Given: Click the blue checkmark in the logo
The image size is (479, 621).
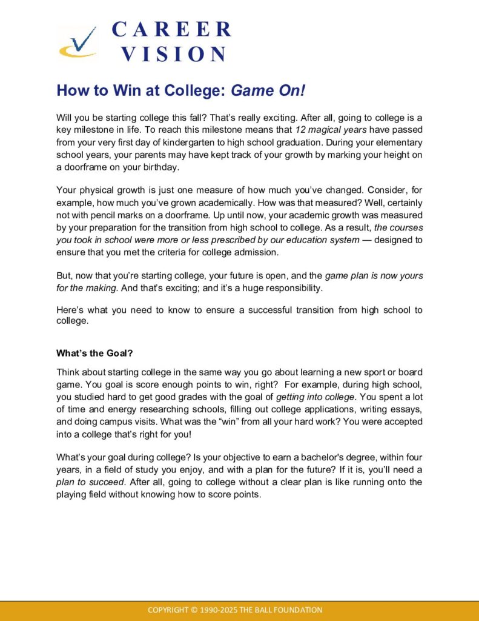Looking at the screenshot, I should (82, 42).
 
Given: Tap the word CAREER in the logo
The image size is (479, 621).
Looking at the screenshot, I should (171, 29).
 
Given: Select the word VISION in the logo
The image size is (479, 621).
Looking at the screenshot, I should (173, 54).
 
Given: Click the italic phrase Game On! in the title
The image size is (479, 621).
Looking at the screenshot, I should (269, 91).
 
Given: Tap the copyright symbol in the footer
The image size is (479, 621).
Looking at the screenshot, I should (194, 610).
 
